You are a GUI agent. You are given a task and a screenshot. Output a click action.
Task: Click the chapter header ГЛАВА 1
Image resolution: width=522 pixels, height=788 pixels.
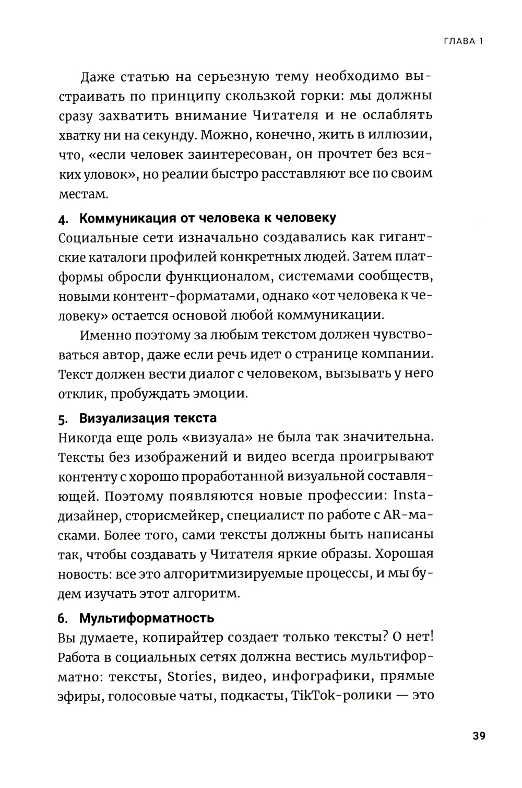(459, 42)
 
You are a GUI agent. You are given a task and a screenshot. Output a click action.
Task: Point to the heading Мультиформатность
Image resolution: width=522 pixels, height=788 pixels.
(147, 618)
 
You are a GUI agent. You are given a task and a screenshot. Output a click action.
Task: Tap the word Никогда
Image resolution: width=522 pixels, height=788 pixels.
(88, 437)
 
